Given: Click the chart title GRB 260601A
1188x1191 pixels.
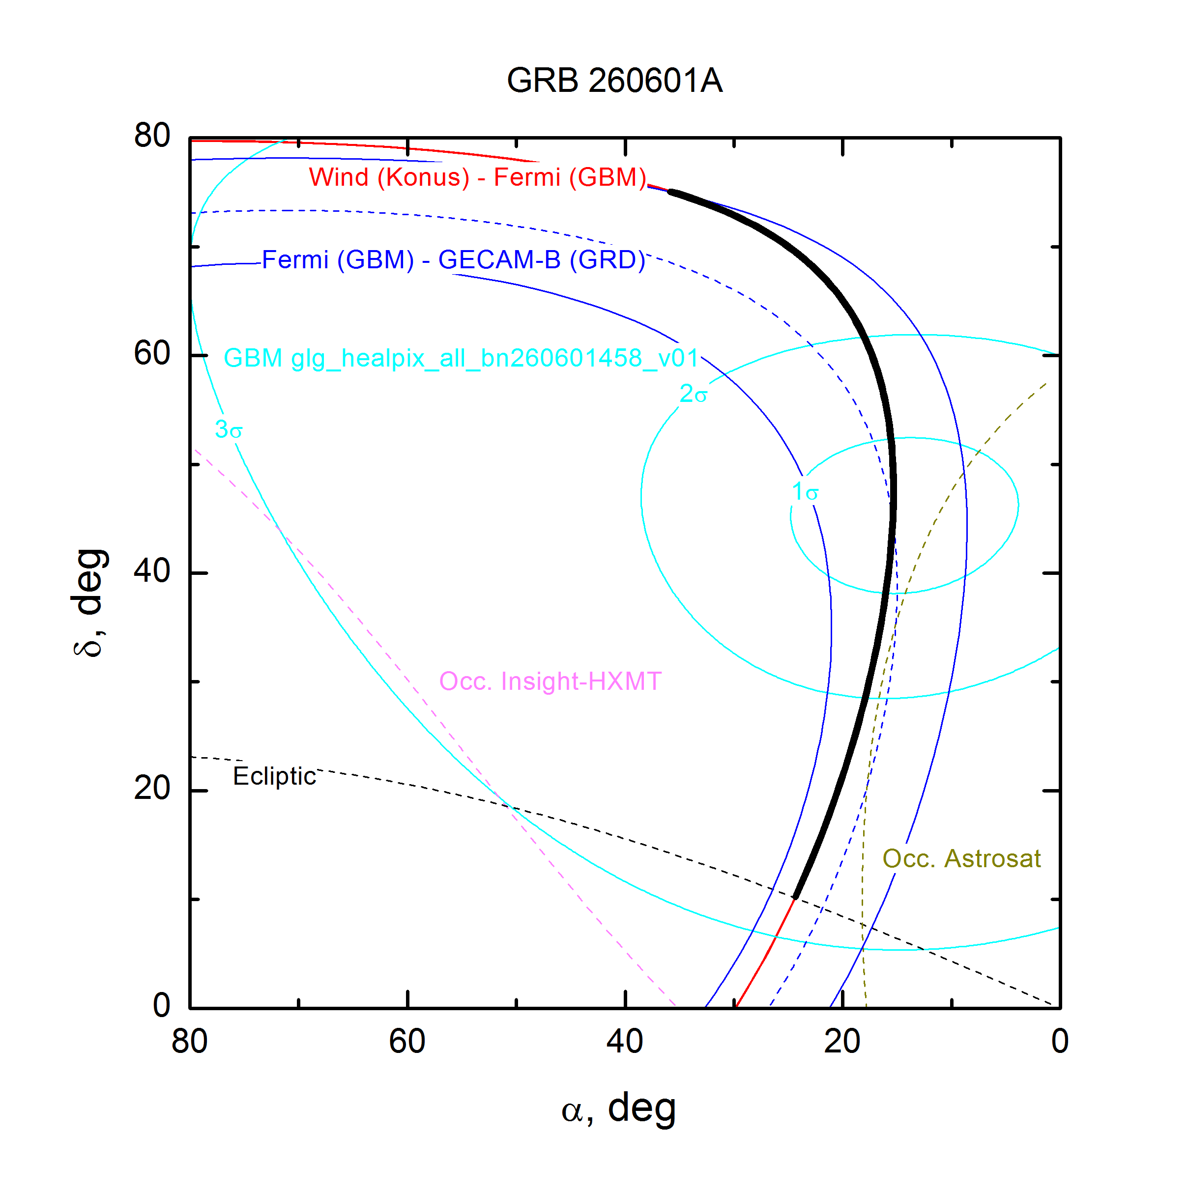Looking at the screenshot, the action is (x=614, y=81).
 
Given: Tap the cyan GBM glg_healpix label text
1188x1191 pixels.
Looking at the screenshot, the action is (x=461, y=358).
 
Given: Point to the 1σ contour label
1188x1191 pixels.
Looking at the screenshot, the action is (x=805, y=492).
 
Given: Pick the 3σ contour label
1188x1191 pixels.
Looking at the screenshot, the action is (x=228, y=429).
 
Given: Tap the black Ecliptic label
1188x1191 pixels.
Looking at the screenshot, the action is (x=274, y=777).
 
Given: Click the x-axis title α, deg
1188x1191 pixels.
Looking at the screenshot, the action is (x=619, y=1109).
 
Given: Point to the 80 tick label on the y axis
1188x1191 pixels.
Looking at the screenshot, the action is (x=152, y=136).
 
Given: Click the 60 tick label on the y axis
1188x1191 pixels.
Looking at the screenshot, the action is (x=152, y=354).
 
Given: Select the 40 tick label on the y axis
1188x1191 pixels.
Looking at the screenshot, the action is (x=152, y=571).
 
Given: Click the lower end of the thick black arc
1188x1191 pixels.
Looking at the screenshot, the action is (x=796, y=897).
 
